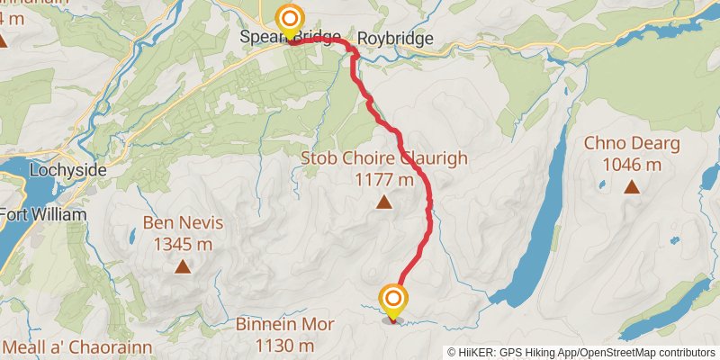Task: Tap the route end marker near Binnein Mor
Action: (393, 300)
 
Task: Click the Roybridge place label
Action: (395, 39)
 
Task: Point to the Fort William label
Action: (43, 215)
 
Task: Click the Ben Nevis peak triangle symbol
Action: (183, 266)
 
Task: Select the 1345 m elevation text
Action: (183, 243)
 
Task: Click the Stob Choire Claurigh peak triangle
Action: (384, 202)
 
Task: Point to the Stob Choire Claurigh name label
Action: (384, 158)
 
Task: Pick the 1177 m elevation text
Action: (384, 179)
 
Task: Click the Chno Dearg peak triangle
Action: (632, 187)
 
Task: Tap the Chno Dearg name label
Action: (632, 143)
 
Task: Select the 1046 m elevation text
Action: (632, 164)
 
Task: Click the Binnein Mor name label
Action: (284, 325)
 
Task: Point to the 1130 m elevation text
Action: (284, 346)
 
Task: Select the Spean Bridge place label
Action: (290, 39)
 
